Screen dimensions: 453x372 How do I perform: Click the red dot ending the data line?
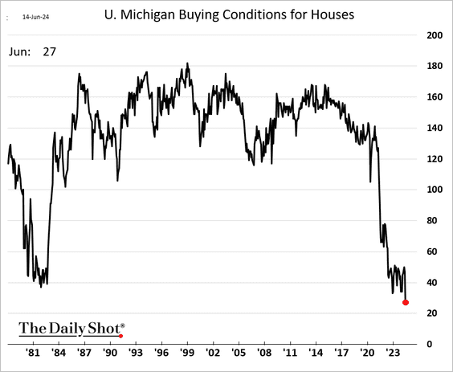(x=406, y=302)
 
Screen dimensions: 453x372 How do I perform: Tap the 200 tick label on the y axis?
(x=435, y=35)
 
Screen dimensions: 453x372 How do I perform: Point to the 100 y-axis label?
(x=435, y=190)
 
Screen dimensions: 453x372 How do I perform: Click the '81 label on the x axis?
(x=33, y=353)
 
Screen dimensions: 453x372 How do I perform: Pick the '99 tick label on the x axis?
(x=187, y=353)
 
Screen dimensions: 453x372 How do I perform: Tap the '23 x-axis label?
(x=393, y=353)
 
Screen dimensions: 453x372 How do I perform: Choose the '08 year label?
(x=264, y=353)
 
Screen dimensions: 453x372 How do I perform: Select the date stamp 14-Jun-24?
(x=35, y=17)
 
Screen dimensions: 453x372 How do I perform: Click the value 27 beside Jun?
(x=50, y=51)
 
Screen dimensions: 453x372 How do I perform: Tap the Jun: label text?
(x=19, y=51)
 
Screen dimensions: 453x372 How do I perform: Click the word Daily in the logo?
(x=67, y=329)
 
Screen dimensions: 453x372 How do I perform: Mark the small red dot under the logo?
(x=120, y=336)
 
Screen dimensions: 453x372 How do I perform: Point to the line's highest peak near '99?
(x=187, y=63)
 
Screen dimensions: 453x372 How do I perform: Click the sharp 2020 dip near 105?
(x=370, y=182)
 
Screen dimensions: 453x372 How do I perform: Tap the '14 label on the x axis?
(x=316, y=353)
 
